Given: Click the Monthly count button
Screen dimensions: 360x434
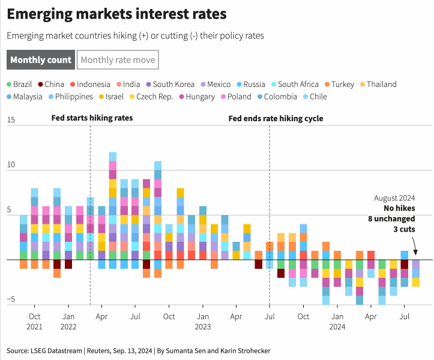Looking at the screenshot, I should (41, 60).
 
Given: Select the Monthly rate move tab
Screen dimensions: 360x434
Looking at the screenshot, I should (118, 60).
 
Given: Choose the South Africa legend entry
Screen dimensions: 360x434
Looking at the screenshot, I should (295, 85).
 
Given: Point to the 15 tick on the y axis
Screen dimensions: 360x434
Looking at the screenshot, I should (10, 121).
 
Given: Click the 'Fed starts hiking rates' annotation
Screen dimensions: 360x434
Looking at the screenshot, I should (92, 118).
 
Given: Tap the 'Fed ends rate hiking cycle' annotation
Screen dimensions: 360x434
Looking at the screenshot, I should (276, 118).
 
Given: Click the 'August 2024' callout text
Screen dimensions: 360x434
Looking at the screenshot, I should (394, 198).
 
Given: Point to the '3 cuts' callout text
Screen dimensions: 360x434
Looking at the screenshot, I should (403, 229).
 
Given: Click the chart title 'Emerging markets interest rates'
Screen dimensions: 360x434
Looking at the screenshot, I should (117, 13).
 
